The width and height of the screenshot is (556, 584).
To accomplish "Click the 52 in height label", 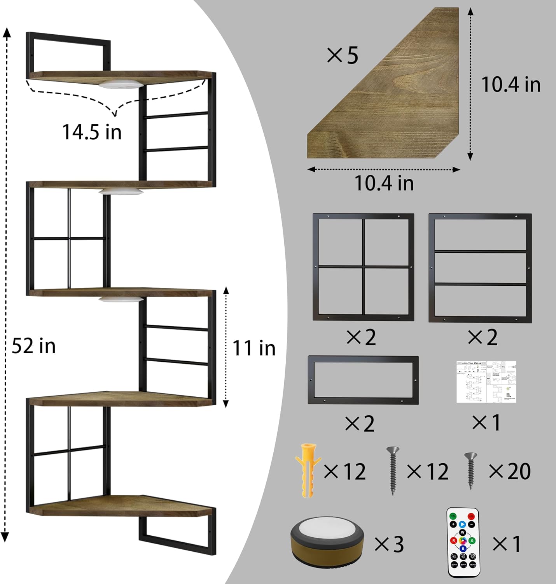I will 34,346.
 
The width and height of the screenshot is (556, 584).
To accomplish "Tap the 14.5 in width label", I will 92,132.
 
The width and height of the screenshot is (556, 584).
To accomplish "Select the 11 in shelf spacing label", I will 254,348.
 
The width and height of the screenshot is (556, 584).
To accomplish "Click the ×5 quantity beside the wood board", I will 342,56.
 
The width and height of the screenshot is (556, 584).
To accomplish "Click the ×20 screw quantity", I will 510,471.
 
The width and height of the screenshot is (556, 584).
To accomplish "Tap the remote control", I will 462,543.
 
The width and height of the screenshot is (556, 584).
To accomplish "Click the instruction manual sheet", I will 486,382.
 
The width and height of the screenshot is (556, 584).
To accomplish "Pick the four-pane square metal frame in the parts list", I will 363,267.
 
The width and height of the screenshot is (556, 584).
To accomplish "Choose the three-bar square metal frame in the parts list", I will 480,268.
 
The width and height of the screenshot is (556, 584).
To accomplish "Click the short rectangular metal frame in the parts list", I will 363,380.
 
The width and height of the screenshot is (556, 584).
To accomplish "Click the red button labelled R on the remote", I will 453,540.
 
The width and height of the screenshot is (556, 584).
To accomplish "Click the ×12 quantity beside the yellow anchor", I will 345,471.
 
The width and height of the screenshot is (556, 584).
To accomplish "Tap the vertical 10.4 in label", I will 511,84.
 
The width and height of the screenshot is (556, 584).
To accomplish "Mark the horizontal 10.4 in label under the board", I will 384,183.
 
